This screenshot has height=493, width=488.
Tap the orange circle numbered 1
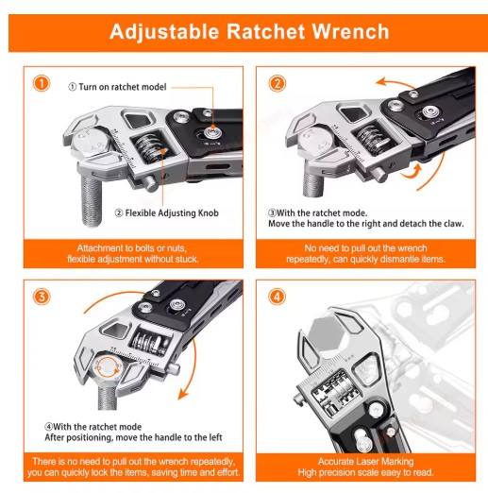(x=41, y=83)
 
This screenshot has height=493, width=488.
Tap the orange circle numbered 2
(x=278, y=83)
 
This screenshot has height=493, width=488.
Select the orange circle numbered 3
(x=41, y=297)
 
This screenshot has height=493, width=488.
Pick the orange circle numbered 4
(x=278, y=297)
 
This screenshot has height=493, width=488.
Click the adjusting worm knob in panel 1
(x=146, y=152)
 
